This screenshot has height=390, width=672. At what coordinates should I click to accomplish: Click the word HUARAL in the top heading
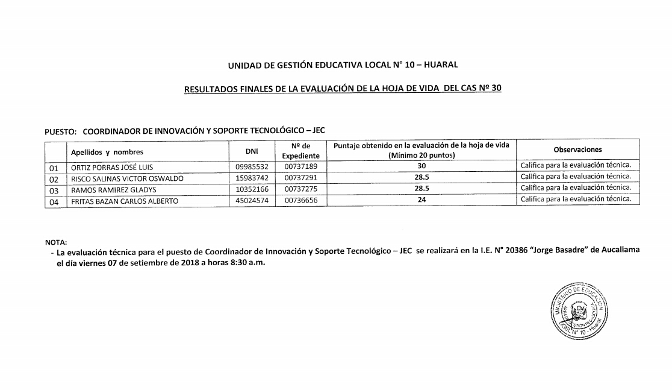click(x=441, y=64)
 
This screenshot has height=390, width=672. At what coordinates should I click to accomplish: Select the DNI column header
click(x=252, y=151)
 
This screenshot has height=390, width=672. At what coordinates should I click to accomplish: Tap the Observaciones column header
click(x=577, y=149)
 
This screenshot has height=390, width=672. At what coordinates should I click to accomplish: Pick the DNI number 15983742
click(x=252, y=178)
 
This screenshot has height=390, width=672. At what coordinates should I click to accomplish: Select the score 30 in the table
click(x=422, y=166)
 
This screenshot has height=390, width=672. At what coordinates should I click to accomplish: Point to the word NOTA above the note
click(x=56, y=242)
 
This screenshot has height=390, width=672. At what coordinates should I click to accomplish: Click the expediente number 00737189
click(x=300, y=167)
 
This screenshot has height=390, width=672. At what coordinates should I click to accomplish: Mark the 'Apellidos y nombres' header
click(x=107, y=152)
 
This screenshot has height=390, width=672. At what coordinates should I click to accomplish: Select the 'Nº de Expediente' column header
click(x=300, y=150)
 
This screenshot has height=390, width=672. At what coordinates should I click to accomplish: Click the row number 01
click(x=54, y=168)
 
